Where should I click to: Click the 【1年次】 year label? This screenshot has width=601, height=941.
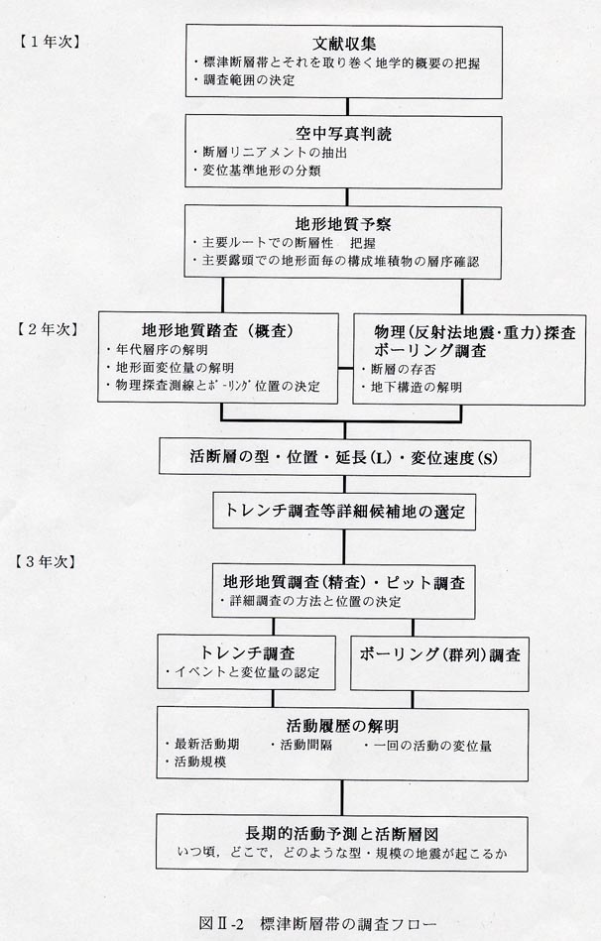pyautogui.click(x=49, y=42)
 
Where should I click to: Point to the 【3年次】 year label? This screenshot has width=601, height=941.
pyautogui.click(x=47, y=561)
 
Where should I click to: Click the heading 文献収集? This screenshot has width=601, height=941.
pyautogui.click(x=344, y=44)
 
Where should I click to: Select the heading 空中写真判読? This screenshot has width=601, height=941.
pyautogui.click(x=343, y=133)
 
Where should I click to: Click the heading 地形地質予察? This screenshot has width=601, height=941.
pyautogui.click(x=343, y=224)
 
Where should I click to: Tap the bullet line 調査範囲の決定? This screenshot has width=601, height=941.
pyautogui.click(x=244, y=79)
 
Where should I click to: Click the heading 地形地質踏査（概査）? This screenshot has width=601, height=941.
pyautogui.click(x=218, y=330)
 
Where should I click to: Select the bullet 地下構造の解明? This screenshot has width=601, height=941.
pyautogui.click(x=412, y=387)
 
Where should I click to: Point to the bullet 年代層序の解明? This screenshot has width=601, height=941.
pyautogui.click(x=157, y=349)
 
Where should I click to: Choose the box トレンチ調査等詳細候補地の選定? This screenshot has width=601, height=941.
pyautogui.click(x=344, y=512)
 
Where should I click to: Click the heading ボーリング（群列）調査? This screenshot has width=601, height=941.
pyautogui.click(x=440, y=654)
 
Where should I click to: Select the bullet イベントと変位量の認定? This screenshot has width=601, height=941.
pyautogui.click(x=242, y=672)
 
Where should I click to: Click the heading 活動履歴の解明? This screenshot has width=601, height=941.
pyautogui.click(x=342, y=726)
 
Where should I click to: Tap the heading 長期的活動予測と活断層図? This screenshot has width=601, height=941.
pyautogui.click(x=341, y=834)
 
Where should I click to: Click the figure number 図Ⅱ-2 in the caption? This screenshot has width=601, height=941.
pyautogui.click(x=221, y=923)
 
